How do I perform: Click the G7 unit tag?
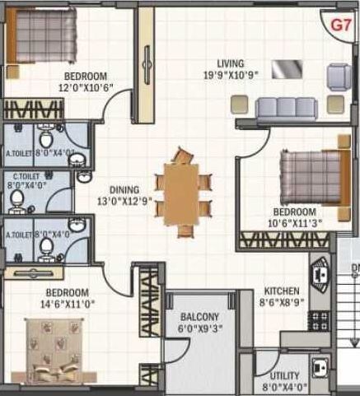(x=340, y=25)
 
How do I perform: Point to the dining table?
(x=180, y=189)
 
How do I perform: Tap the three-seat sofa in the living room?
(x=283, y=108)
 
